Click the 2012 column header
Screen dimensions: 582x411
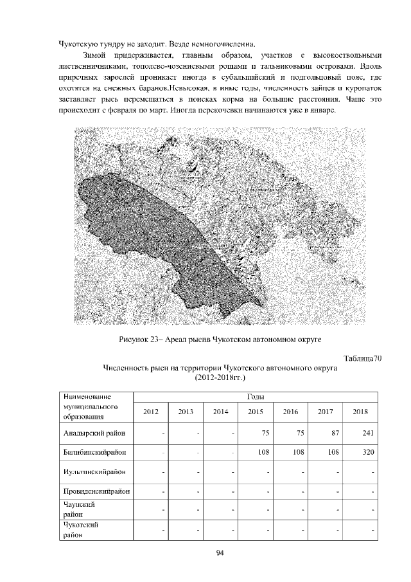[150, 412]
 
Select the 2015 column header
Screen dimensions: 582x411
[256, 412]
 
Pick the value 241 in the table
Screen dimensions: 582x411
[367, 433]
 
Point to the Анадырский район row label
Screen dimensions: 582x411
[94, 433]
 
